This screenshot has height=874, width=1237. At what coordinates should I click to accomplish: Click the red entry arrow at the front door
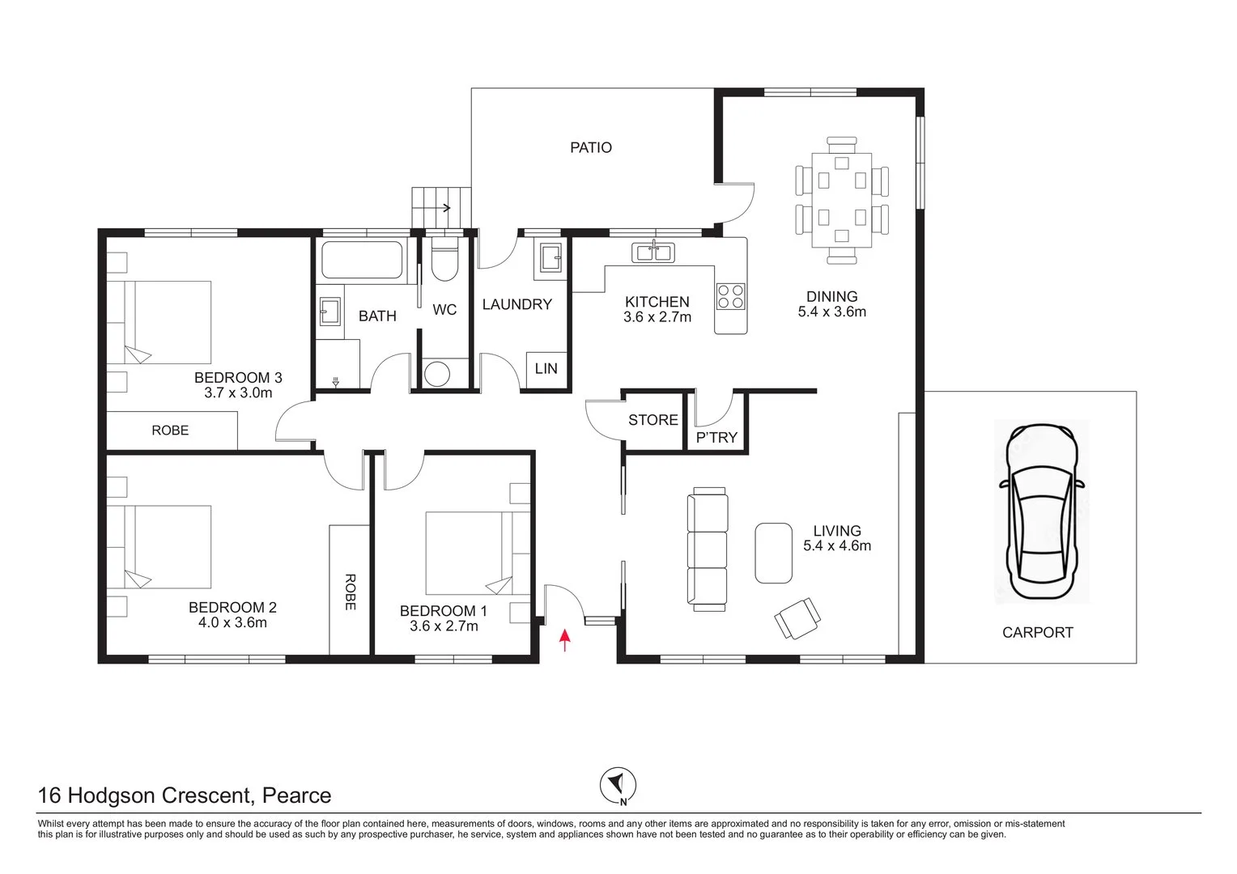click(565, 641)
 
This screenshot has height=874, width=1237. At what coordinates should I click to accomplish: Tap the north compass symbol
click(618, 785)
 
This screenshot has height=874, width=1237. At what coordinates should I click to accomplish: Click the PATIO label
click(591, 147)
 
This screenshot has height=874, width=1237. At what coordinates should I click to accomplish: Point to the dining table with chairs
click(842, 200)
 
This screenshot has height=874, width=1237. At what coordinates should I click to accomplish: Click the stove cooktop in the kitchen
click(730, 296)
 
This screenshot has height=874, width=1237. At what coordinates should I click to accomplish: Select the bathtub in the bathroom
click(362, 260)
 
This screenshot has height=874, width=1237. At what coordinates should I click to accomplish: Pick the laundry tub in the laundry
click(549, 259)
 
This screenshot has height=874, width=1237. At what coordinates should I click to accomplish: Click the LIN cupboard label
click(546, 369)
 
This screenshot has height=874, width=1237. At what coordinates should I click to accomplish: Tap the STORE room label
click(653, 420)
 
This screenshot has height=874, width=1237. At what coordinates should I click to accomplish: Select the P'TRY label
click(716, 438)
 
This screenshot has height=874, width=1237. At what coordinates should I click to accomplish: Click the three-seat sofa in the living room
click(707, 549)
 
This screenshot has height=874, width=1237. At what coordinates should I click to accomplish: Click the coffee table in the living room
click(773, 553)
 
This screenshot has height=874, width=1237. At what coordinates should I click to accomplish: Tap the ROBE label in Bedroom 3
click(170, 431)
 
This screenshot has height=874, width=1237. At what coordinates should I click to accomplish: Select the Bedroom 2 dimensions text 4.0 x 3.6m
click(232, 623)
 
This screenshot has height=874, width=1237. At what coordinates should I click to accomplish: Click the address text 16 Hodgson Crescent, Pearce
click(185, 796)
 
